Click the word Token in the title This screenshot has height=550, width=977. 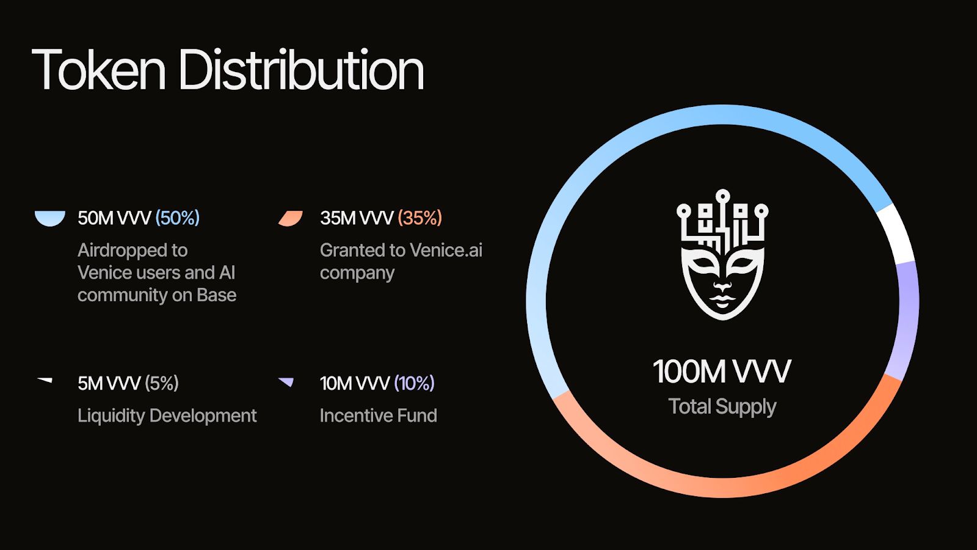pos(98,70)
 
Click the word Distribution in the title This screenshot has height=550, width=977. pos(301,70)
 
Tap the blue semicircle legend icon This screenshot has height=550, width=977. pos(49,218)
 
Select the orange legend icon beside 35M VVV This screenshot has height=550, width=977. pos(291,218)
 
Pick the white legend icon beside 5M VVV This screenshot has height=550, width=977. pos(45,380)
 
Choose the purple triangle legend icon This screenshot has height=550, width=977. pos(286,382)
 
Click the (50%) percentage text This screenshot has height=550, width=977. pos(178,218)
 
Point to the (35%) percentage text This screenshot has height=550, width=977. pos(419,218)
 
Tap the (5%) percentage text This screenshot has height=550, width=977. pos(161,383)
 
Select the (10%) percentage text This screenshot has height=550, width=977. pos(414,383)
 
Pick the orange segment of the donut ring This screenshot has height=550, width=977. pos(724,486)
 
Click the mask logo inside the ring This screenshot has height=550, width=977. pos(723,254)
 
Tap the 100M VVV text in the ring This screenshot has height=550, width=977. pos(722,372)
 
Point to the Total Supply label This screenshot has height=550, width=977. pos(722,407)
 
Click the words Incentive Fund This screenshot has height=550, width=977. pos(378,416)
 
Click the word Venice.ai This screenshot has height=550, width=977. pos(446,250)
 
